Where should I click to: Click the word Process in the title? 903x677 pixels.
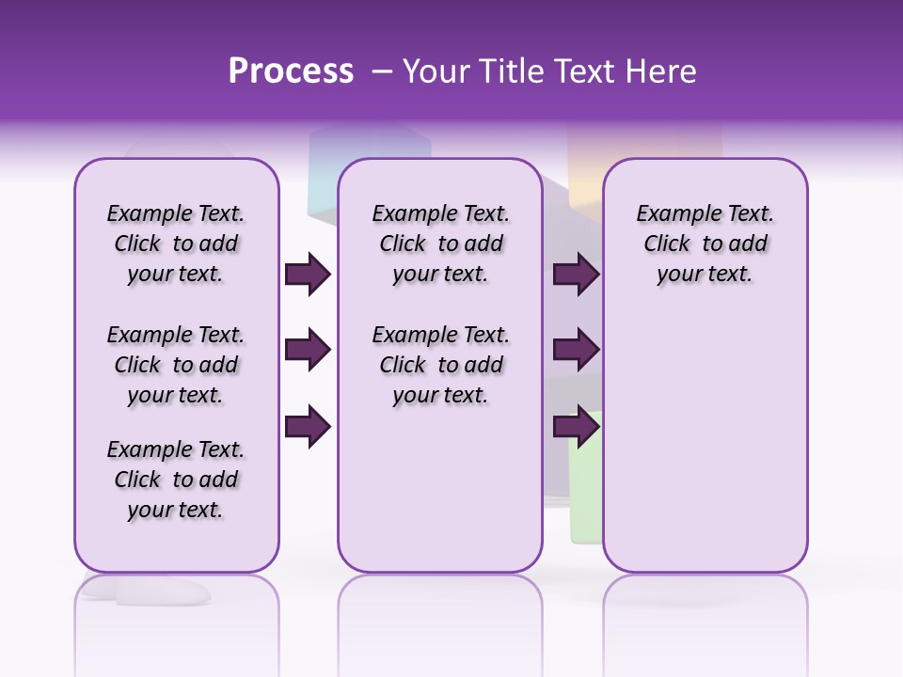point(291,71)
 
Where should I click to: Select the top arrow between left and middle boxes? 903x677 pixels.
point(308,275)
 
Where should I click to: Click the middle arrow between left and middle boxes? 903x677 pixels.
point(308,351)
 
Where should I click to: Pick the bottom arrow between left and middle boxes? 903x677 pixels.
point(308,427)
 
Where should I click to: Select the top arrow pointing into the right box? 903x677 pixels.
point(576,275)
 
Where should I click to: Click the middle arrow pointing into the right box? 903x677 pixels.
point(576,351)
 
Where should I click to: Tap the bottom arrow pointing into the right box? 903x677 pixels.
point(576,427)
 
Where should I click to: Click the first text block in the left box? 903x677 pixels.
point(176,244)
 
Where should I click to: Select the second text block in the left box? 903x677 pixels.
point(176,365)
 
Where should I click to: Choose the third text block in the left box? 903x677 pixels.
point(176,480)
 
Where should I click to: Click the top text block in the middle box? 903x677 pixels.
point(440,244)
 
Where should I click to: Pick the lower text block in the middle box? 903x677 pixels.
point(440,365)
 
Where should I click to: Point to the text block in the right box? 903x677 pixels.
point(705,244)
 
